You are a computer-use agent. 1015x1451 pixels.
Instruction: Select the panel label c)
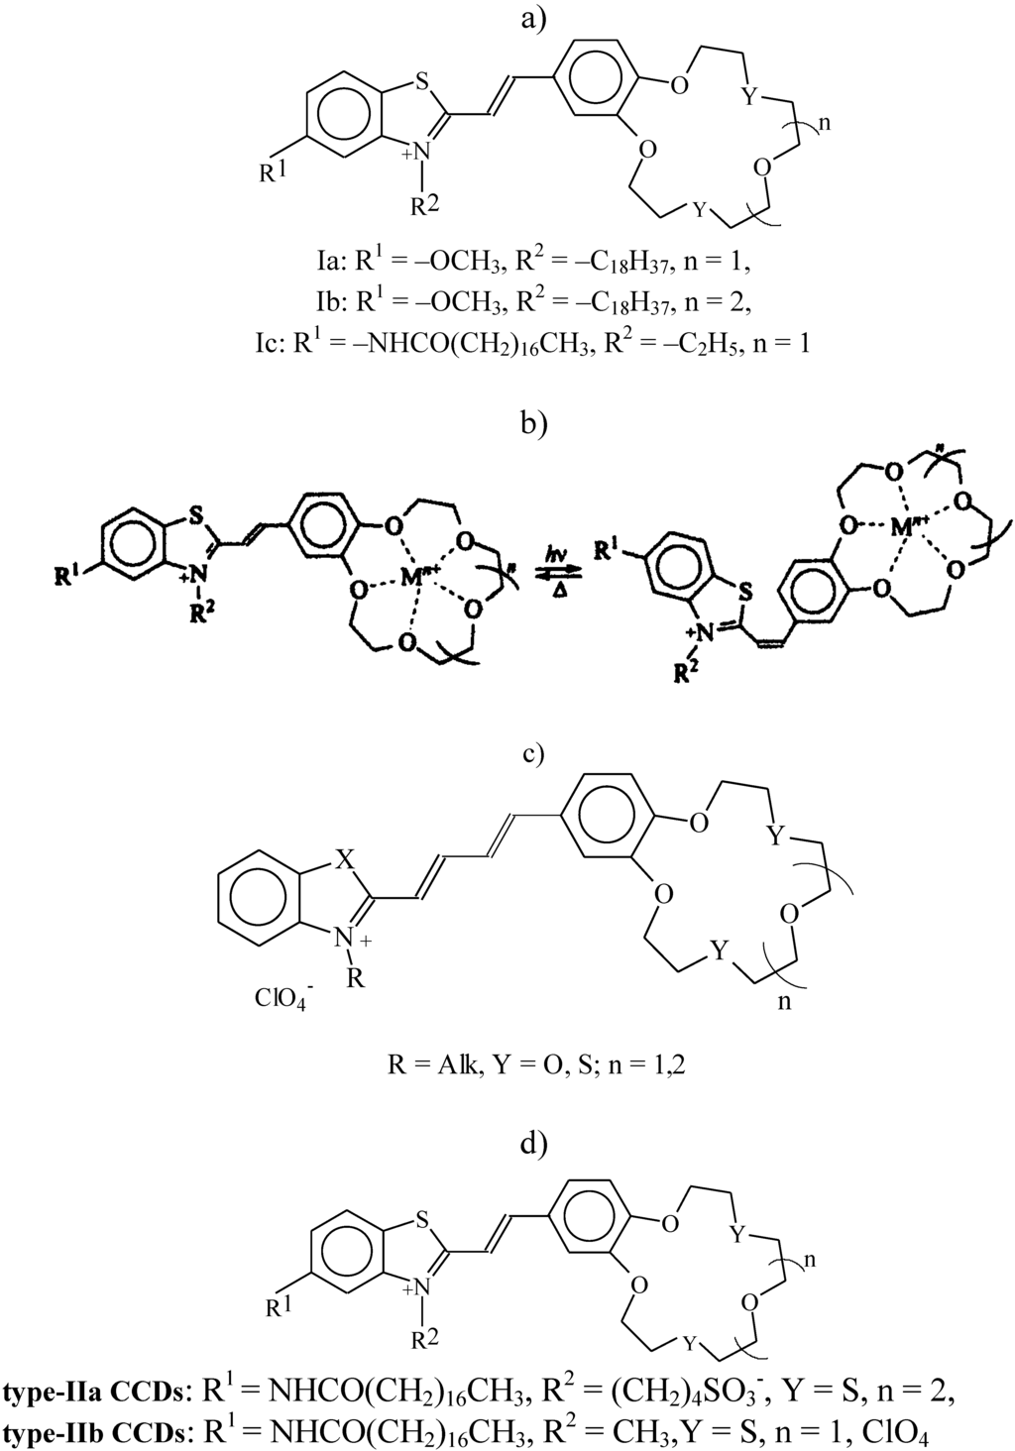click(x=534, y=752)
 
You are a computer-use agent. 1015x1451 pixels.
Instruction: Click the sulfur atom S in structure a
click(x=422, y=83)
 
